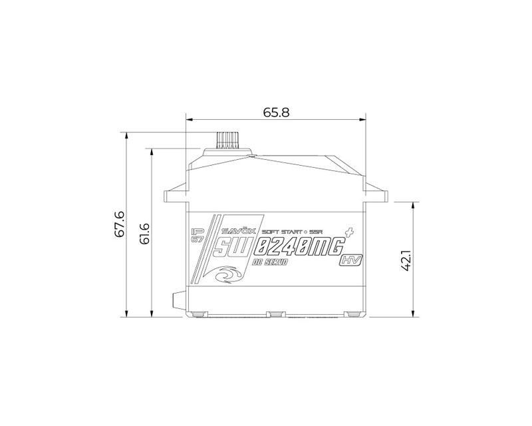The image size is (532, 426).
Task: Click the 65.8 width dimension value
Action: point(276,112)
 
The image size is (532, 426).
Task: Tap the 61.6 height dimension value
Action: point(145,233)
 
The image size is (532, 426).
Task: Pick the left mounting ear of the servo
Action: point(175,195)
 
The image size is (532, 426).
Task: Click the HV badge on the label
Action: point(350,261)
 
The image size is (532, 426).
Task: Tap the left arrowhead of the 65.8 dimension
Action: point(189,120)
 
